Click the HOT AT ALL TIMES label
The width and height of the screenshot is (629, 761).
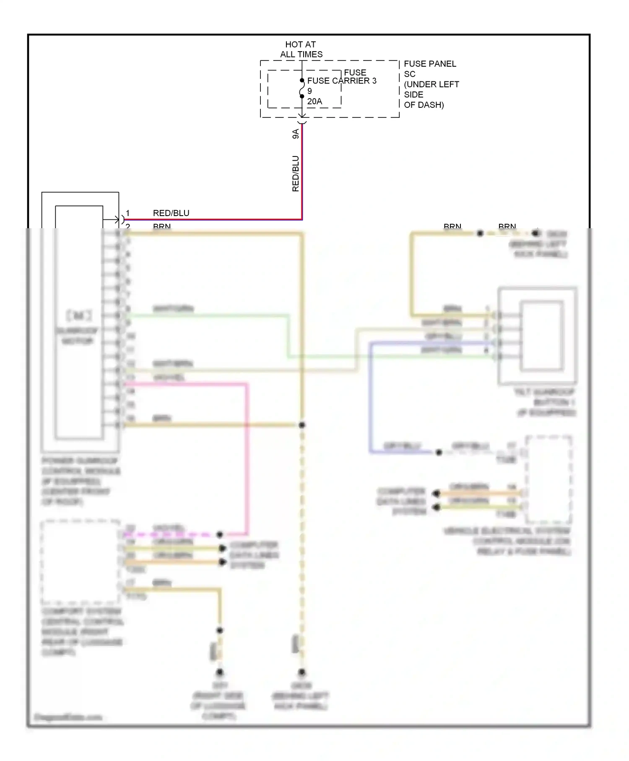pyautogui.click(x=301, y=49)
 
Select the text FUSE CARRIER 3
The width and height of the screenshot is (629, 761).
pyautogui.click(x=341, y=81)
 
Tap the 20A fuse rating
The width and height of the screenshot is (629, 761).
pyautogui.click(x=314, y=102)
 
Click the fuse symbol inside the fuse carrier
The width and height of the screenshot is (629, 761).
pyautogui.click(x=302, y=89)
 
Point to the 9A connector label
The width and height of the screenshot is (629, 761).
pyautogui.click(x=296, y=134)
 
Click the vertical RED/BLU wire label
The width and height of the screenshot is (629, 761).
pyautogui.click(x=296, y=174)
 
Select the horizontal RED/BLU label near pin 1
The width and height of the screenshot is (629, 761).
pyautogui.click(x=171, y=213)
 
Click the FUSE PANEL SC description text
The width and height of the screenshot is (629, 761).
pyautogui.click(x=431, y=84)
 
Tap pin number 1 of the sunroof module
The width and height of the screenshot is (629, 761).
pyautogui.click(x=128, y=213)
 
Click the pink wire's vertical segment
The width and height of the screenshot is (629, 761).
pyautogui.click(x=247, y=457)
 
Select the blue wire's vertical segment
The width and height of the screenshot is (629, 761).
pyautogui.click(x=370, y=396)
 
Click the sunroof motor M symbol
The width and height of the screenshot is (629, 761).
pyautogui.click(x=79, y=315)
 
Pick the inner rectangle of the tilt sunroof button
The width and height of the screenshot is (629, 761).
pyautogui.click(x=542, y=336)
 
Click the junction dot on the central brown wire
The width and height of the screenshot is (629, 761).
pyautogui.click(x=302, y=425)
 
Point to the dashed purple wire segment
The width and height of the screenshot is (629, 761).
pyautogui.click(x=168, y=535)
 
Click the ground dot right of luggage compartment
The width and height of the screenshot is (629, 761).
pyautogui.click(x=219, y=673)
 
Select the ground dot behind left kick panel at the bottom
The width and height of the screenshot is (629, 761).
pyautogui.click(x=302, y=673)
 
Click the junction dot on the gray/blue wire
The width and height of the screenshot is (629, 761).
pyautogui.click(x=439, y=452)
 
